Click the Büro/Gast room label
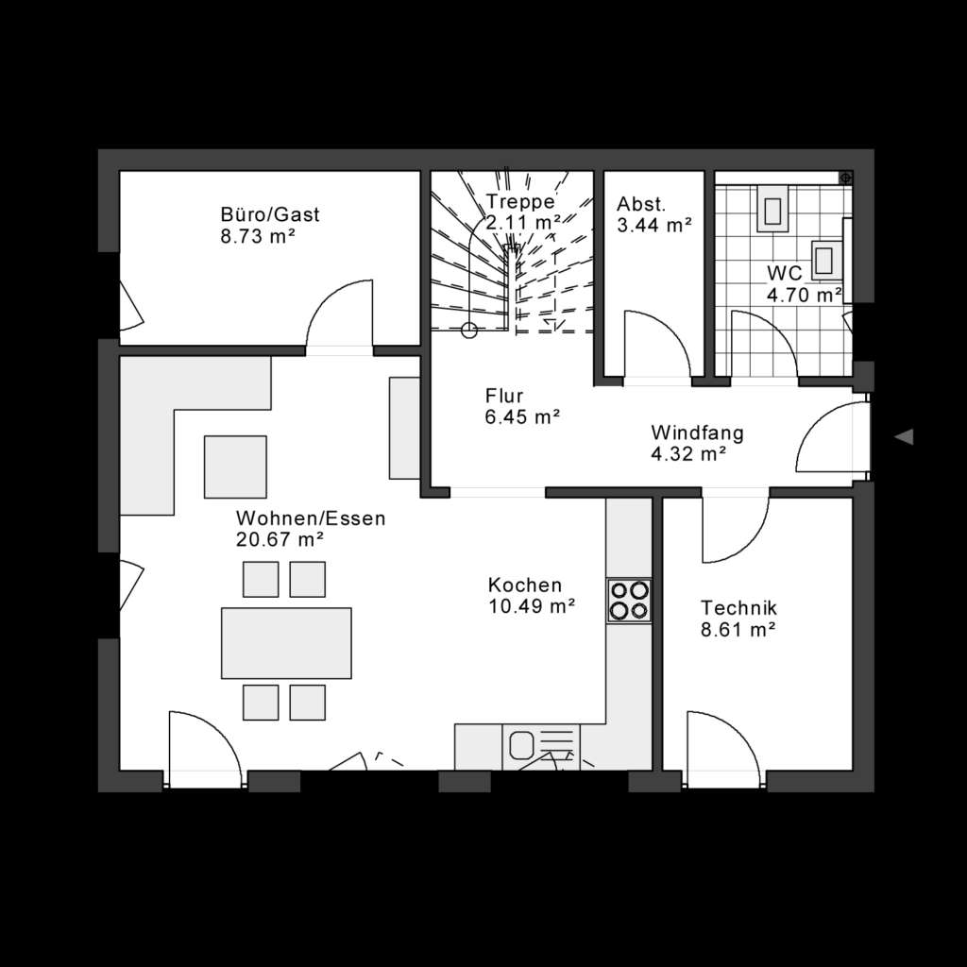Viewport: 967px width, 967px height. point(270,214)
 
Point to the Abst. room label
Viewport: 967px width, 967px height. point(641,204)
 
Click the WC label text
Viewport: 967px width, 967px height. point(784,273)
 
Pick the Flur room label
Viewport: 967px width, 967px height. point(504,396)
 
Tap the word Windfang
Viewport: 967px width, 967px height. point(697,433)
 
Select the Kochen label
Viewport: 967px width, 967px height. point(524,585)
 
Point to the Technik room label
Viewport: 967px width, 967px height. point(738,606)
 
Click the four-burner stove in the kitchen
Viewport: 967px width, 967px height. point(629,600)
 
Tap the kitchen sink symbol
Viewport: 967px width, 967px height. point(522,745)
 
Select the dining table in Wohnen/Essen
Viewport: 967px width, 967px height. point(286,643)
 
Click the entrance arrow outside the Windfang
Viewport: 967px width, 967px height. point(905,436)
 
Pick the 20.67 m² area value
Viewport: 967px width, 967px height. point(280,540)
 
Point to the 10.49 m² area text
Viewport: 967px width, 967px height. point(532,606)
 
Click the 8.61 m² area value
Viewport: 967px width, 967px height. point(738,628)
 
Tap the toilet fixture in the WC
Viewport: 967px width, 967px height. point(773,210)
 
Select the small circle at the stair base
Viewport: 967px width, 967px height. point(468,330)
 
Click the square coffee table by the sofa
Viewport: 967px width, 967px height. point(235,466)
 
